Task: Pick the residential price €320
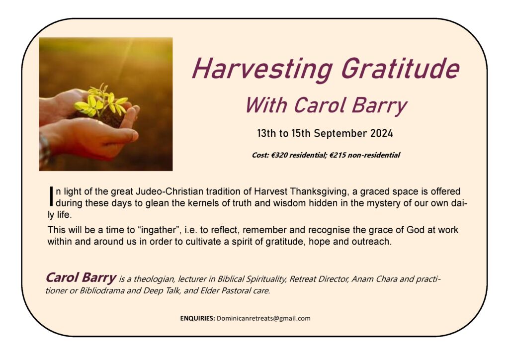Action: point(279,155)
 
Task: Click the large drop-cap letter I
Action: point(51,196)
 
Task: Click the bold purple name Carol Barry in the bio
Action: point(81,277)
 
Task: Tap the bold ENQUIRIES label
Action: point(197,318)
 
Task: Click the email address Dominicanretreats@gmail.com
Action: point(263,318)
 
